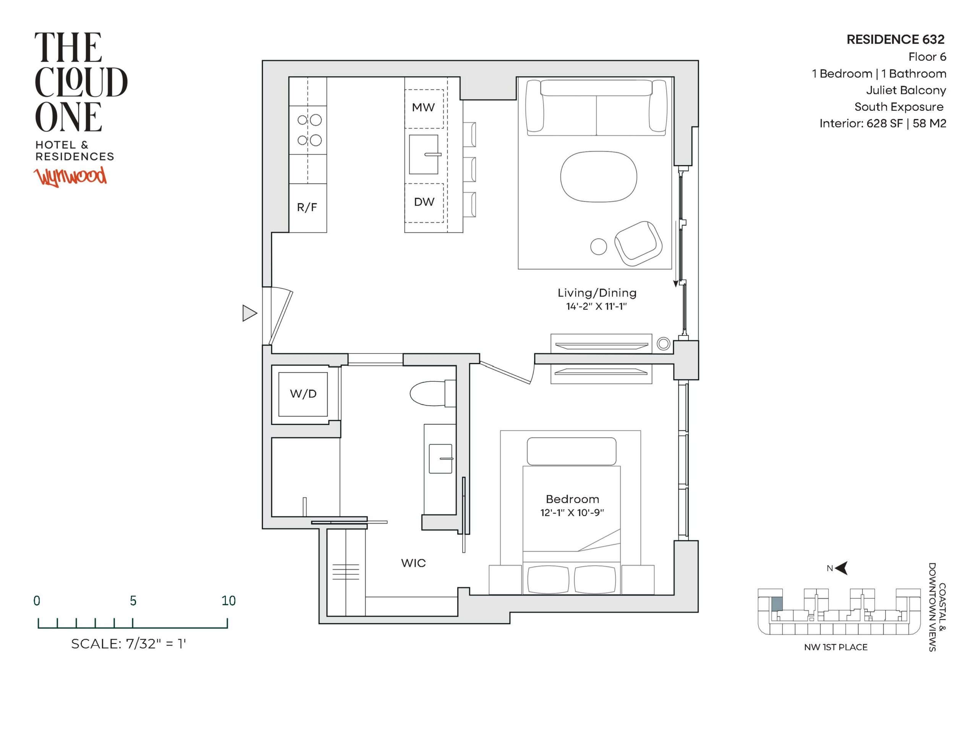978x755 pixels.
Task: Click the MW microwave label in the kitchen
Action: (x=423, y=107)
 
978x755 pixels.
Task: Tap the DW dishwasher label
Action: (x=424, y=202)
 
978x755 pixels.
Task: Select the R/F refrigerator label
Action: (x=307, y=207)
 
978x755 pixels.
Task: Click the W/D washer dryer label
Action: (x=303, y=394)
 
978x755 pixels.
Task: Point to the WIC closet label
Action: (x=413, y=563)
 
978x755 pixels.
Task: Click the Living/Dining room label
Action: (x=597, y=293)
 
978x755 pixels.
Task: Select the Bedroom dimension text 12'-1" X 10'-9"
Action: (x=572, y=513)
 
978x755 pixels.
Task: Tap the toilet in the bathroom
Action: (x=432, y=394)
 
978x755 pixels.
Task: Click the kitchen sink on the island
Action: (x=424, y=155)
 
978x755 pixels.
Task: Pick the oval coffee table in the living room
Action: (x=599, y=176)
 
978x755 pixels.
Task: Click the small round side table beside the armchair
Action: (x=599, y=246)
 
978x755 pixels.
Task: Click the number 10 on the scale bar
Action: (x=228, y=600)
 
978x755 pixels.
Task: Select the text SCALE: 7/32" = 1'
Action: (x=128, y=644)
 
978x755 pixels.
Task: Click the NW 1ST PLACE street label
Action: (x=836, y=647)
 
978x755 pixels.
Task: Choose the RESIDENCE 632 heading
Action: (x=895, y=40)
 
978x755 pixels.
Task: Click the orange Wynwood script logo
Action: (x=71, y=177)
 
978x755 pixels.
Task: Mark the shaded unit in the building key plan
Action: (x=777, y=604)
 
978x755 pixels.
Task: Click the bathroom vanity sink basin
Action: (x=440, y=459)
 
